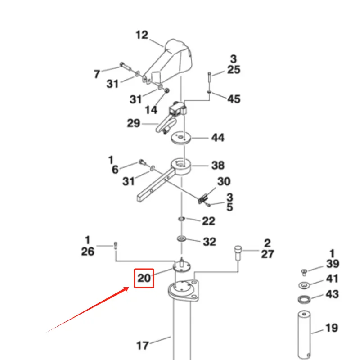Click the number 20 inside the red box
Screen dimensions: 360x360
pos(144,278)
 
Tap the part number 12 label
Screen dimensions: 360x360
pos(142,35)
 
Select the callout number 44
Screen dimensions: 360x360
pos(218,137)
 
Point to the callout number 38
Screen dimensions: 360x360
pos(218,166)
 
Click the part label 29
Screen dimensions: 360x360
pos(134,123)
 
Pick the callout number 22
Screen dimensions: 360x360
pos(208,221)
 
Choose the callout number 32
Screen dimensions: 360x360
pos(209,242)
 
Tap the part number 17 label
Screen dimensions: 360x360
pos(143,346)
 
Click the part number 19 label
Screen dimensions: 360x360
pos(332,328)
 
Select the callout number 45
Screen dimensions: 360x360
pos(234,99)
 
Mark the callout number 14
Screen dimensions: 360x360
pos(151,109)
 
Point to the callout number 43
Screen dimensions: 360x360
pos(332,294)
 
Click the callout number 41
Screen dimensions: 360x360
pos(332,279)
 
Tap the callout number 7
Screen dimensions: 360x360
pos(97,74)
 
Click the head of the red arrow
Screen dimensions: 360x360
pos(131,287)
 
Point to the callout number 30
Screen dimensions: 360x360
pos(224,181)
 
